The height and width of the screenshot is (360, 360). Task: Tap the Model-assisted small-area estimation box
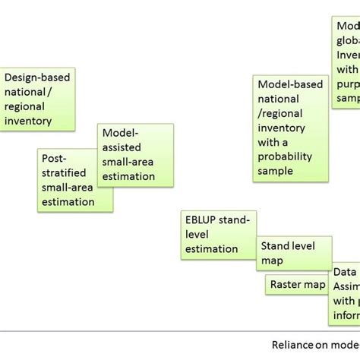135,155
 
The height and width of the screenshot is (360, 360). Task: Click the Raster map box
297,285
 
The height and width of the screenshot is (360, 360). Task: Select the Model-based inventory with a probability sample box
291,128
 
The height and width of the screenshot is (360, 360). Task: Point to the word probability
285,156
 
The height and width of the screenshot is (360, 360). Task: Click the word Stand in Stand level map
276,246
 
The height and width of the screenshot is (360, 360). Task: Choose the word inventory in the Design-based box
28,121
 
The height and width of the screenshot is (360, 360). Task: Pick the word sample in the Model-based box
275,171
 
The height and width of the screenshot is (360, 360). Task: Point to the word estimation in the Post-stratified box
68,201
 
